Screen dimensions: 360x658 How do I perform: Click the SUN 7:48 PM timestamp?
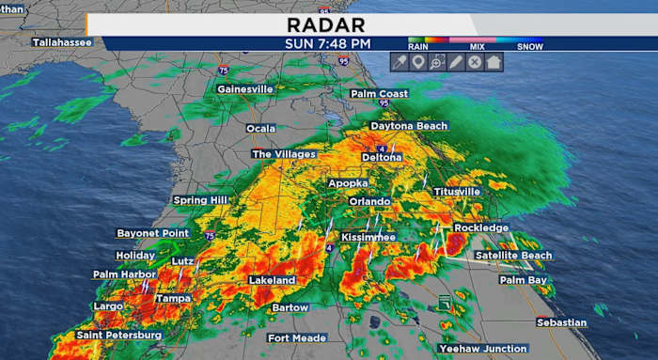328,43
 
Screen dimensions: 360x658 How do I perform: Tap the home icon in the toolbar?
494,62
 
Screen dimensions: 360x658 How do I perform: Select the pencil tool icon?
456,62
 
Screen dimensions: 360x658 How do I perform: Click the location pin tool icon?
418,62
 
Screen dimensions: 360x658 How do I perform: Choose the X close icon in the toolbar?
476,62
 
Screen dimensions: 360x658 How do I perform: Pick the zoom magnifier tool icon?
437,62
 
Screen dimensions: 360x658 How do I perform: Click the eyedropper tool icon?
399,62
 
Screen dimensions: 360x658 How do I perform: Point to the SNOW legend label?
530,45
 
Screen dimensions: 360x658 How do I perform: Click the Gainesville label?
245,89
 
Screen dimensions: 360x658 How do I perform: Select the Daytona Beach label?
409,126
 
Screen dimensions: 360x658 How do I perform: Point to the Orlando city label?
369,201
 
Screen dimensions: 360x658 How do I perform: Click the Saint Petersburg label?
119,335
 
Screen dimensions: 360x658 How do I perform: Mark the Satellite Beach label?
513,256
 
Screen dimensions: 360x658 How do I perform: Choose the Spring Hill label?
199,200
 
